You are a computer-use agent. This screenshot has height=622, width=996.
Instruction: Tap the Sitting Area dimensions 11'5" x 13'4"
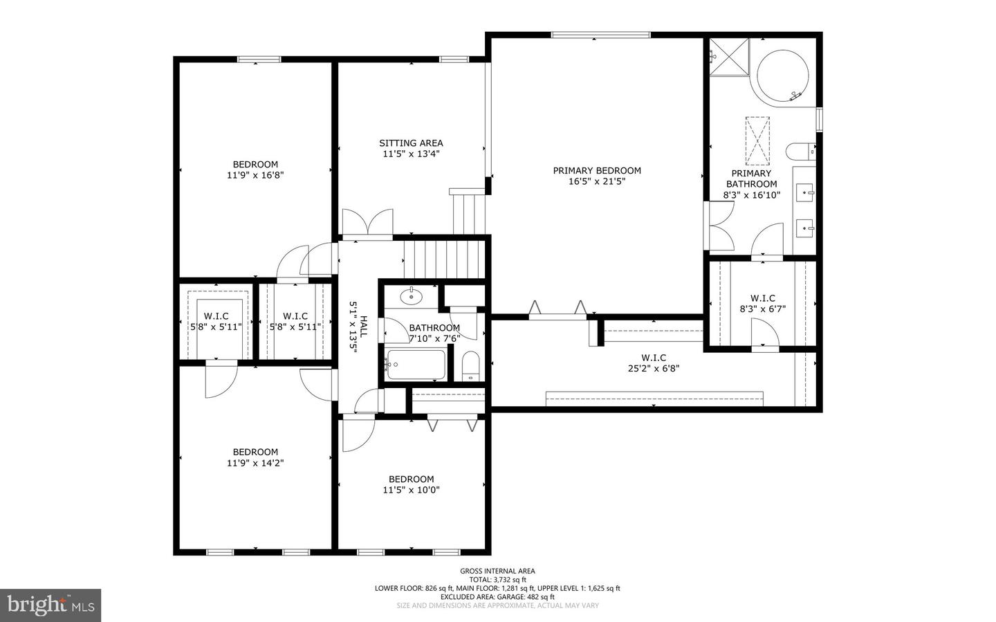click(x=411, y=154)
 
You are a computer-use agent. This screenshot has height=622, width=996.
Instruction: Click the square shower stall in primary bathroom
click(x=729, y=53)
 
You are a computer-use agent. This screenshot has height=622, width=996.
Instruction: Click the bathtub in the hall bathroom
click(x=415, y=365)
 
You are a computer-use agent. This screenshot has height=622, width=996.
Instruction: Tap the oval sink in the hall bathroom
click(x=412, y=297)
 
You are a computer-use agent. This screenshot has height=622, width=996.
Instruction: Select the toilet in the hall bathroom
click(x=470, y=366)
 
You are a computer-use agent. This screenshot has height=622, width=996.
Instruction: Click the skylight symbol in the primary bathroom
click(x=757, y=138)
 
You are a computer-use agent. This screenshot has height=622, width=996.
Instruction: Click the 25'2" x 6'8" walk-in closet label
click(x=653, y=363)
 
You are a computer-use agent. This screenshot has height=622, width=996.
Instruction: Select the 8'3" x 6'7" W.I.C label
click(x=762, y=304)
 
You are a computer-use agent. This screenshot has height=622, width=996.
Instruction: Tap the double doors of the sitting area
click(x=367, y=223)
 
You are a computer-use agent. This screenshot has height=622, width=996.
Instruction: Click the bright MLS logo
click(x=50, y=605)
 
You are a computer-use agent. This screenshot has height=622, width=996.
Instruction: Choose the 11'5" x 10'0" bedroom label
click(x=411, y=484)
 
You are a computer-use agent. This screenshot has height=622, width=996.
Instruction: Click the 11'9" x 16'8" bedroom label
click(x=255, y=170)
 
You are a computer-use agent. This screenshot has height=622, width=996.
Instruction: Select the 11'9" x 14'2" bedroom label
click(x=255, y=457)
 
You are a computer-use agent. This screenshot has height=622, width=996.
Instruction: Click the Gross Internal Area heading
click(x=497, y=571)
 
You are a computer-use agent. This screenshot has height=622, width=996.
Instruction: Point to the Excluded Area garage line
click(x=497, y=596)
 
